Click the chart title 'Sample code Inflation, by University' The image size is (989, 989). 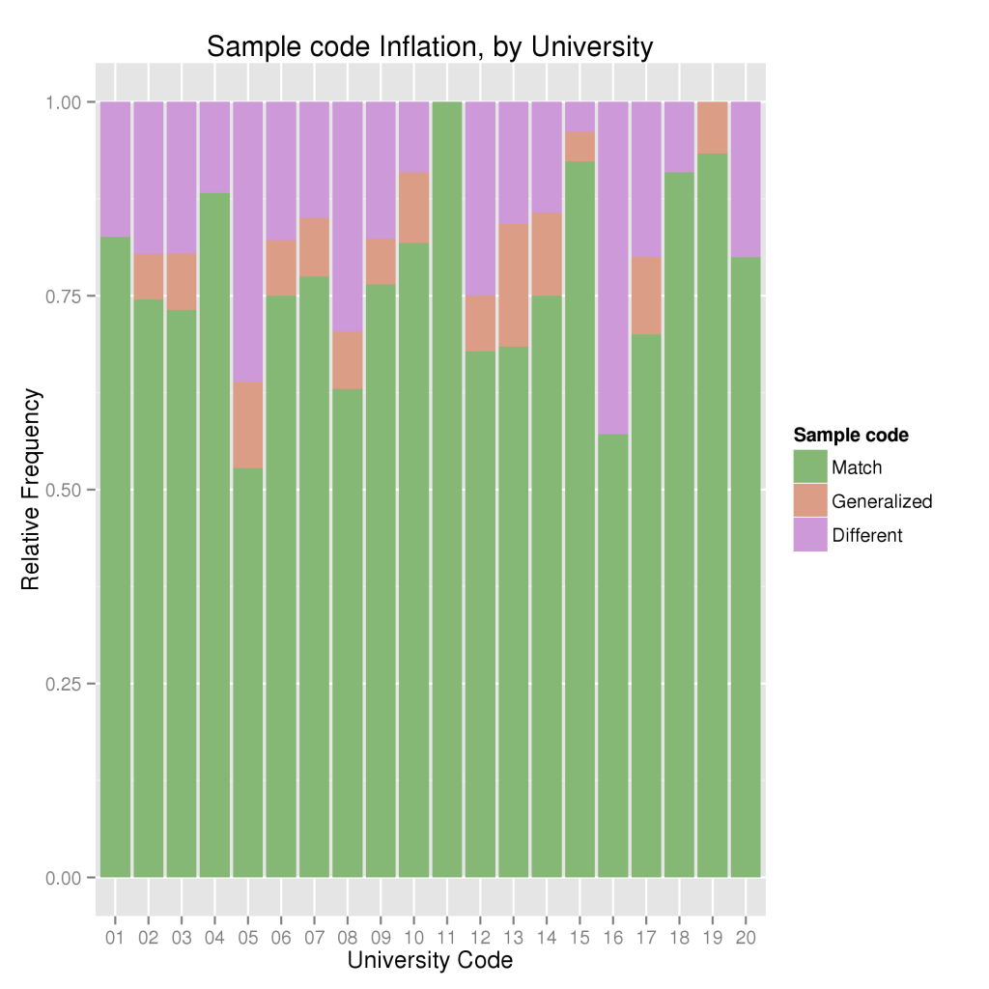[x=430, y=46]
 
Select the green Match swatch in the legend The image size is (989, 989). [x=810, y=467]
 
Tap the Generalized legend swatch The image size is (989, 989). [x=810, y=501]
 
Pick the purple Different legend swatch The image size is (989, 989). [x=810, y=535]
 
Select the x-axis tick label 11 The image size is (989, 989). [x=447, y=938]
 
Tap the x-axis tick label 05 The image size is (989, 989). [x=248, y=938]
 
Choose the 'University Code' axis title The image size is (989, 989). [x=430, y=961]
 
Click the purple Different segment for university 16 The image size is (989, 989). [x=612, y=268]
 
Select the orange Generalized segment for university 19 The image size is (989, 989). [x=712, y=127]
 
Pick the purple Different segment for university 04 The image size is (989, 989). [x=214, y=147]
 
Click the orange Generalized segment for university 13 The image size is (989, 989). [x=513, y=285]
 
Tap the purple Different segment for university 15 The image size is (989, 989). [x=579, y=116]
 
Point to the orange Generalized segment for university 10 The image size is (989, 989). [x=413, y=208]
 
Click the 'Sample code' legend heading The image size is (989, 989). [x=851, y=436]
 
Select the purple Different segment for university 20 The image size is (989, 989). [x=745, y=179]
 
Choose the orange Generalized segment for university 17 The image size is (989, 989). [x=645, y=295]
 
